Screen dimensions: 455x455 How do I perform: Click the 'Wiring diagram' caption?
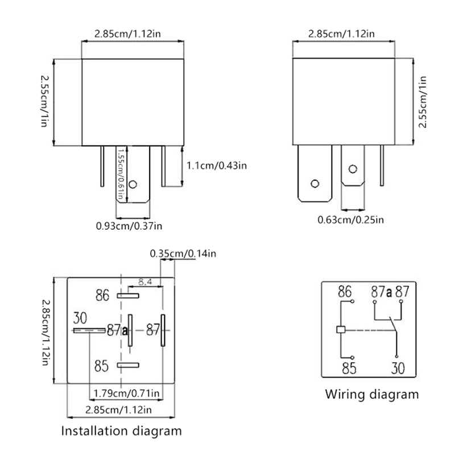(371, 394)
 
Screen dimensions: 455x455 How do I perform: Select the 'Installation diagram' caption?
(122, 430)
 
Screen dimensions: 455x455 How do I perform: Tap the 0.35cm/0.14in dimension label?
(183, 254)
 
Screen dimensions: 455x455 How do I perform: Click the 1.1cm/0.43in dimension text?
(217, 166)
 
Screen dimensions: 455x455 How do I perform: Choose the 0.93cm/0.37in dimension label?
(129, 226)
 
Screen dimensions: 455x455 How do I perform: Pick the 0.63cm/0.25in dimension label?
(350, 220)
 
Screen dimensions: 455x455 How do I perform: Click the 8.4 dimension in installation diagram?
(145, 281)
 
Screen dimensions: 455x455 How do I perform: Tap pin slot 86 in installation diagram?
(128, 296)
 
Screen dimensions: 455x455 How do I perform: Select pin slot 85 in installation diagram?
(128, 365)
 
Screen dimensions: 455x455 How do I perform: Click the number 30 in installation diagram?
(81, 318)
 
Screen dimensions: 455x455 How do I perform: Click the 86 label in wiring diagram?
(345, 292)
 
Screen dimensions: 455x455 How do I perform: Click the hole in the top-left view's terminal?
(133, 185)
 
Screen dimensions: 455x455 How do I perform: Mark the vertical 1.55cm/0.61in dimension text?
(121, 173)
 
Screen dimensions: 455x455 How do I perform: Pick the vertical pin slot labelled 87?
(163, 330)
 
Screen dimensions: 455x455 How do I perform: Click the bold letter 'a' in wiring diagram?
(389, 293)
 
